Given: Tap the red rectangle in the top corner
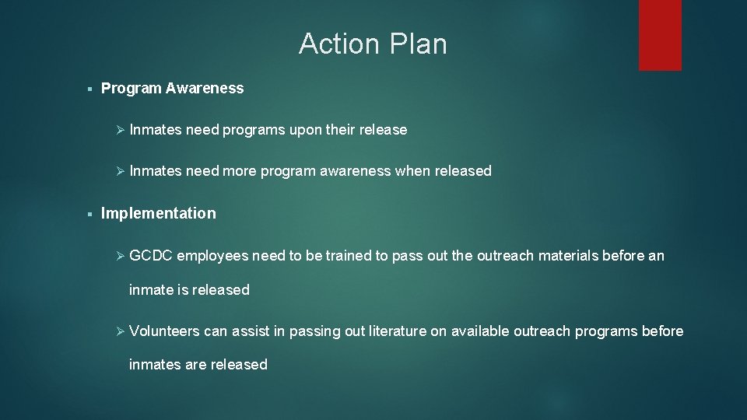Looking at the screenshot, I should pos(660,35).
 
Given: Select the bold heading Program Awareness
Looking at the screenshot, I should pos(172,89).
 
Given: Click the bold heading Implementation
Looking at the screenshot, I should pos(159,213).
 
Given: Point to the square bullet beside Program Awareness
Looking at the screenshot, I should pos(91,89).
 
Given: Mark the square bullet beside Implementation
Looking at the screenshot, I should pos(91,214).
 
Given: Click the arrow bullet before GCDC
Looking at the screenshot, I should pos(120,255).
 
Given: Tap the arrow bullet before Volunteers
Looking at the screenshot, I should pos(120,331).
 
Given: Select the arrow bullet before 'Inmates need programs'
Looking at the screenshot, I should pos(120,130).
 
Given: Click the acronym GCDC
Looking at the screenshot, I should pos(151,255).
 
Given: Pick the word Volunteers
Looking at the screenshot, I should pos(164,331).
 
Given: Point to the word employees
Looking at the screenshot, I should pos(212,255).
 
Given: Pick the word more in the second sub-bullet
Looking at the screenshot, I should pos(239,171).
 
